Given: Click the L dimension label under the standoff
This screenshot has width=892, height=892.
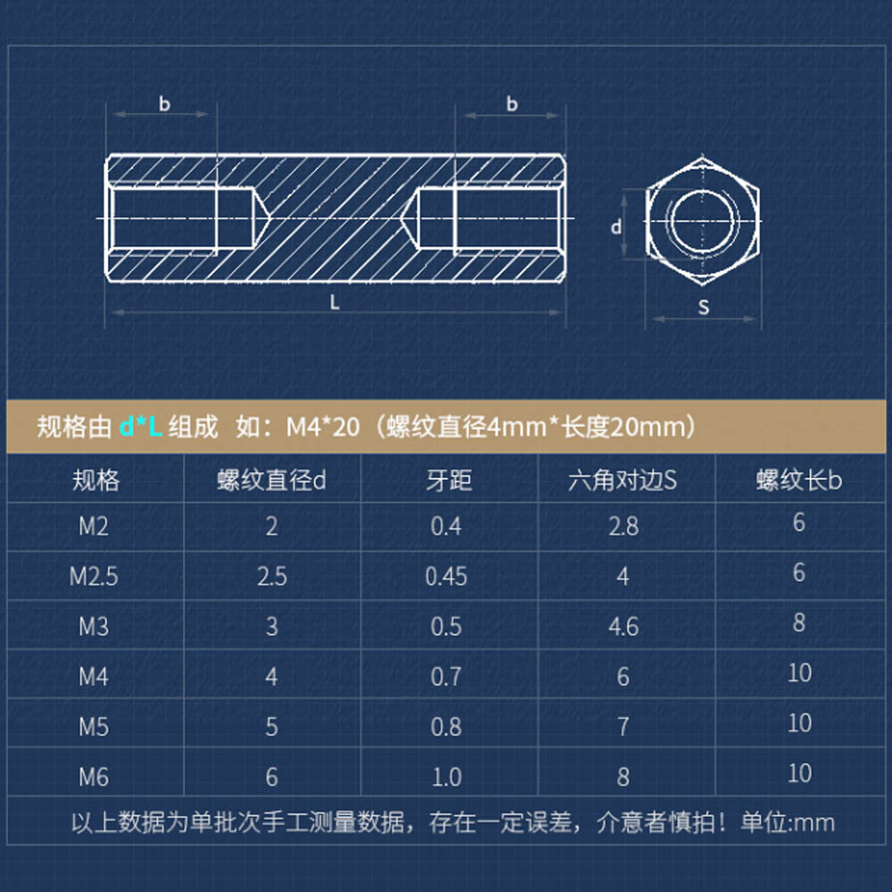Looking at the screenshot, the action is point(335,302).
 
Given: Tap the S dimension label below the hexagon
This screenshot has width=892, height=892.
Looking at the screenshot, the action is point(704,308).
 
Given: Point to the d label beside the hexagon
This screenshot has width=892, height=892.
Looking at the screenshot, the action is point(615,227).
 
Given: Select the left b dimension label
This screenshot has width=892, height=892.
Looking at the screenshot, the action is point(164,104).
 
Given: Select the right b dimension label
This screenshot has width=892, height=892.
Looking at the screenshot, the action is point(512,104).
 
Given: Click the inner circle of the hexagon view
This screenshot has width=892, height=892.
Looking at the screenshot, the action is point(703,219).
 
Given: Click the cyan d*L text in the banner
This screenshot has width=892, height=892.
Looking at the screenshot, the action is point(140,427).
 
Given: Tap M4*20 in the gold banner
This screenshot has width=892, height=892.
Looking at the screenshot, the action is point(322,427).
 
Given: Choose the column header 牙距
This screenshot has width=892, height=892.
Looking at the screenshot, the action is point(448,481).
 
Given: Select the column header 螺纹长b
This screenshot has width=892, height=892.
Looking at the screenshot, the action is point(799,481).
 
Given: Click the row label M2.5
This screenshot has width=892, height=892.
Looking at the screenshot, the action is point(94,576).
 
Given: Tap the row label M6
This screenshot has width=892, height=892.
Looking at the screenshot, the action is point(93,777).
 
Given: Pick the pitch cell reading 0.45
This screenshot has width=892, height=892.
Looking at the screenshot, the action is point(446,576).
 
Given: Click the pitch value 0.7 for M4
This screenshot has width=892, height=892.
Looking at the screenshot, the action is point(446,677).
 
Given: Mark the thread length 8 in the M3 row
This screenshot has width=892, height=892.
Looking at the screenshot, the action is point(799,623).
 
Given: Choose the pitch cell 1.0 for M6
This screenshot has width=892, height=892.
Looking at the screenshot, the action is point(446,777).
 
